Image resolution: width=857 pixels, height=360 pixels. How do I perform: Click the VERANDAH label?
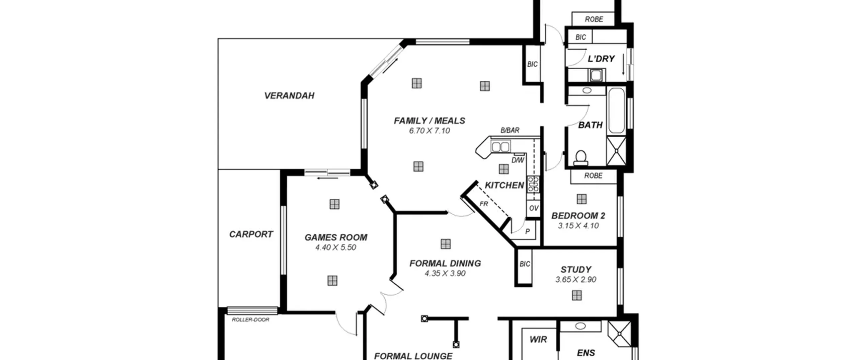pos(289,96)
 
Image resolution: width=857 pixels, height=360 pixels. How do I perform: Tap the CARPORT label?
pos(251,234)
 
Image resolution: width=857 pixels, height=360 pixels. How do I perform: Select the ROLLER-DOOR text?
pos(250,320)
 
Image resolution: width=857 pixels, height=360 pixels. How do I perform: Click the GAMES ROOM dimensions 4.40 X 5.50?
pos(335,247)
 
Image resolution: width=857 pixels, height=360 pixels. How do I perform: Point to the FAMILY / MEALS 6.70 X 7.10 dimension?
pos(430,131)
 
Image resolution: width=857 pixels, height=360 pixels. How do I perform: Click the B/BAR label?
pos(510,130)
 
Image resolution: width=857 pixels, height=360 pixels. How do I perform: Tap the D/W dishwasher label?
pos(518,160)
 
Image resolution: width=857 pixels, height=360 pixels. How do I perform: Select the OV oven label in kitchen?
pos(534,208)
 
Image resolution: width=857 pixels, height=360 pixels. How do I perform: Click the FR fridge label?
pos(484,204)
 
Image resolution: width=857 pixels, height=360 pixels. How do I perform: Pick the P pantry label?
pos(528,231)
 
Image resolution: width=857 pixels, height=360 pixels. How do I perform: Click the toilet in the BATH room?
pos(580,158)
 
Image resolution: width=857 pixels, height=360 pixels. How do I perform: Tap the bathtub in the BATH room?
pos(616,111)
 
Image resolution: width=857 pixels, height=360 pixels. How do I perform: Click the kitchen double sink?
pos(500,147)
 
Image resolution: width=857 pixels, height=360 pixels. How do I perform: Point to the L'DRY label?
pos(601,59)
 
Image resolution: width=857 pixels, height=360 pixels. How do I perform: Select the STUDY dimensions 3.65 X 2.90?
pos(576,280)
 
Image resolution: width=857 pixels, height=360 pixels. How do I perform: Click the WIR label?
pos(538,340)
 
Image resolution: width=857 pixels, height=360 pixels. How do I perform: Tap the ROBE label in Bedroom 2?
pos(593,175)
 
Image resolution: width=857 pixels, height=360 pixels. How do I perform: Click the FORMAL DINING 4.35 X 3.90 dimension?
pos(445,274)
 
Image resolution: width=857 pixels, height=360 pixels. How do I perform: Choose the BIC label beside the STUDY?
pos(525,264)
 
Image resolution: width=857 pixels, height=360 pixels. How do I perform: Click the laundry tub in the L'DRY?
pos(596,75)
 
